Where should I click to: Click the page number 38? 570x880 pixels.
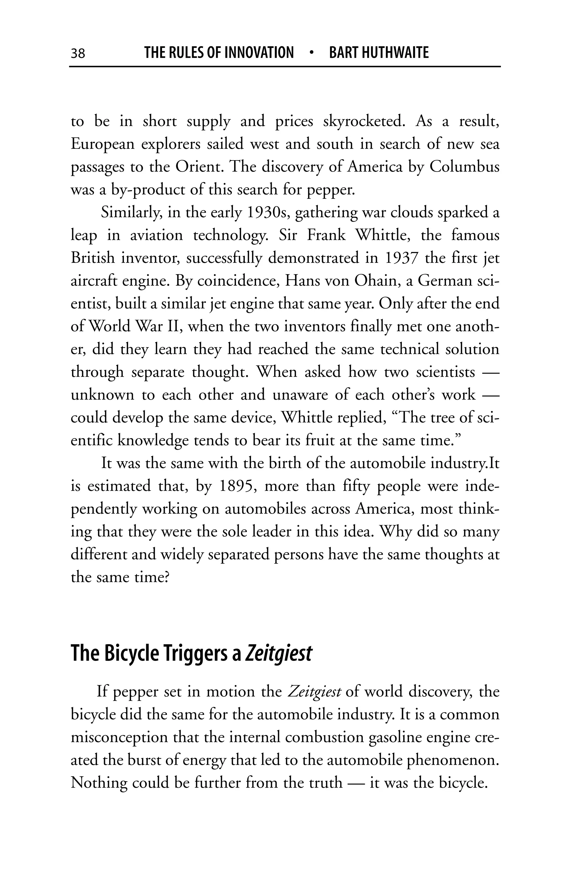click(x=78, y=54)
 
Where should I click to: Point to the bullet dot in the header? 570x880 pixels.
click(x=311, y=53)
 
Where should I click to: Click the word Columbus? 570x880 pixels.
click(x=464, y=167)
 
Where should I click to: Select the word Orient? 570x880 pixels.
click(x=198, y=167)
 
